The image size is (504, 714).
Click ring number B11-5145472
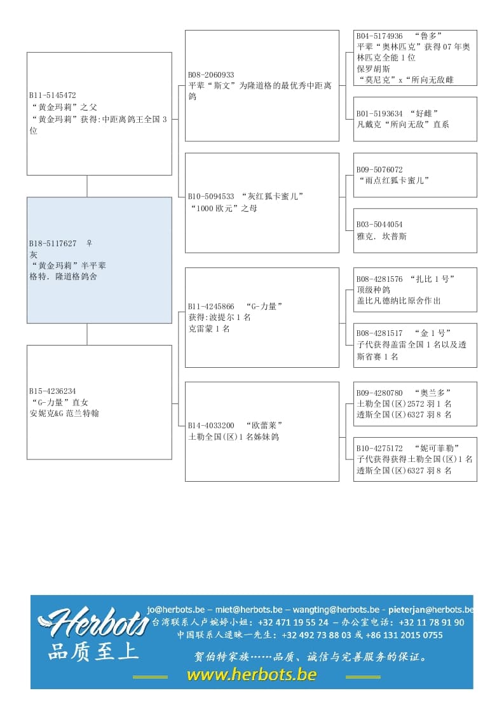53,95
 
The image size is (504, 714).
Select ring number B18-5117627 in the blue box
53,244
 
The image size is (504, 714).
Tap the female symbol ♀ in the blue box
89,243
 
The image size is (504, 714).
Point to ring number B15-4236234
53,391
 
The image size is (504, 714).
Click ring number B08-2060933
211,75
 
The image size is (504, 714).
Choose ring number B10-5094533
211,197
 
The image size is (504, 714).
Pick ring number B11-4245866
211,306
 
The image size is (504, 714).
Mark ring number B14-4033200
211,425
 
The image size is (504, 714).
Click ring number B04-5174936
379,36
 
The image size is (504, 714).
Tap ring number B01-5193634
379,114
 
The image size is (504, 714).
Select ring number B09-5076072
379,170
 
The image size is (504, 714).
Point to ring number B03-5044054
379,225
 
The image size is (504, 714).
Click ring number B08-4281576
379,279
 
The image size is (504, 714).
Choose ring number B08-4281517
379,333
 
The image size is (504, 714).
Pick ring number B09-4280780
379,393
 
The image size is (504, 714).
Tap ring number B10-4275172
379,448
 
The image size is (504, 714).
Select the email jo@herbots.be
176,609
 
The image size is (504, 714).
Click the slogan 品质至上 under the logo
93,651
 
